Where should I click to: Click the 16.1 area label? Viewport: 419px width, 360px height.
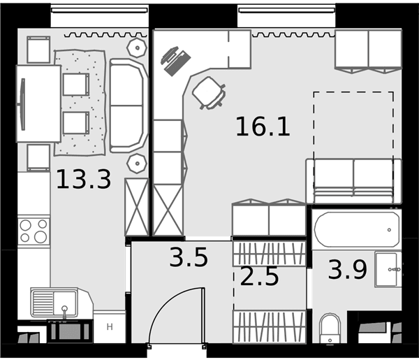pos(263,127)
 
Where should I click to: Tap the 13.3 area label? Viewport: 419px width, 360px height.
pos(84,179)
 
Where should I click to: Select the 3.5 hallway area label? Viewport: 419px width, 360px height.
pos(189,257)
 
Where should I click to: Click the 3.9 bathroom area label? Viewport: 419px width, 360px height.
pos(348,270)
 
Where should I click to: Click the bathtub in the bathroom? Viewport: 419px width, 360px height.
pos(357,229)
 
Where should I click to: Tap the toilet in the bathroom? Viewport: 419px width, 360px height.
pos(330,329)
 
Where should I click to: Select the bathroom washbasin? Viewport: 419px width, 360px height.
pos(388,269)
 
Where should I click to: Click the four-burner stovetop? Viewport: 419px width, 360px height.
pos(34,231)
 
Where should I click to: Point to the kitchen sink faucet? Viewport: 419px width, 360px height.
pos(64,312)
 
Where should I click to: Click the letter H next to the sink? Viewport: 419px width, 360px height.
pos(110,327)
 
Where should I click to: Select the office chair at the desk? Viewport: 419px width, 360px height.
pos(209,94)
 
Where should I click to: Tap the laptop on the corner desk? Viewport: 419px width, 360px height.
pos(175,62)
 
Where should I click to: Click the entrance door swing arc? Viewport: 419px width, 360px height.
pos(167,302)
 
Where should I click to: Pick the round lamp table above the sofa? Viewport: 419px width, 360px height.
pos(137,48)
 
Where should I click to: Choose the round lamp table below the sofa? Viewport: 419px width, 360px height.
pos(137,164)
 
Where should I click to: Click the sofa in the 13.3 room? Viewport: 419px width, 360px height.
pos(128,106)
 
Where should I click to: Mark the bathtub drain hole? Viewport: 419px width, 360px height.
pos(389,230)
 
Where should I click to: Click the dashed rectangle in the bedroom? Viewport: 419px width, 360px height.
pos(353,92)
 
